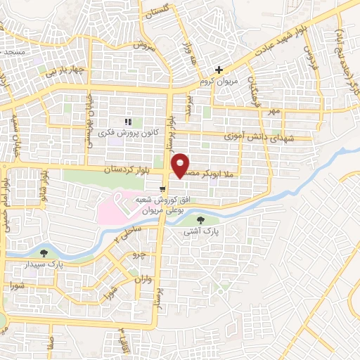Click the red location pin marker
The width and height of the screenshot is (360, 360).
coord(181,165)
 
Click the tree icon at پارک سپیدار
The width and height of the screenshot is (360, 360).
coord(45,253)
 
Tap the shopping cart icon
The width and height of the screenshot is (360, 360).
coord(163,188)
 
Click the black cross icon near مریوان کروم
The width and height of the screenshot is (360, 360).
coord(219,70)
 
